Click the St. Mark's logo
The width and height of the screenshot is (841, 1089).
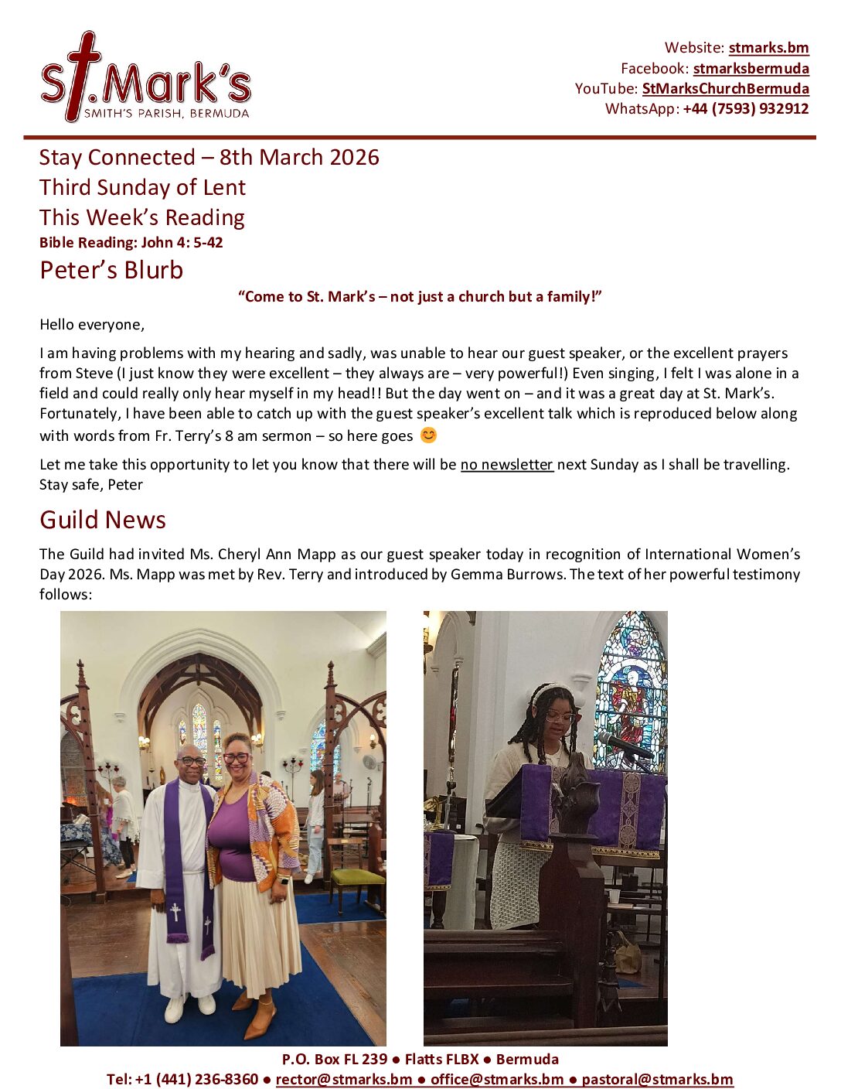[x=145, y=78]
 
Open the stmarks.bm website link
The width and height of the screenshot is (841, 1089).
[x=768, y=48]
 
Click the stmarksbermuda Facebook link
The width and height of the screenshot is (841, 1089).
[x=751, y=69]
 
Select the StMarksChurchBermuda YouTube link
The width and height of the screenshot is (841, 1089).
[x=725, y=89]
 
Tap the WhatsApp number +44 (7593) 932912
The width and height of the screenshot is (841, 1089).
[x=745, y=109]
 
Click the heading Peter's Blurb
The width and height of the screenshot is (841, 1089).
[x=111, y=271]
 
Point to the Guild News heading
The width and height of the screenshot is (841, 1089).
[x=103, y=520]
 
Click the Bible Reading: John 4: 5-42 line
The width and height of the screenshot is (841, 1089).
[x=131, y=243]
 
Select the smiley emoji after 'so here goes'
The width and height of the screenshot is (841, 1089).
[x=428, y=435]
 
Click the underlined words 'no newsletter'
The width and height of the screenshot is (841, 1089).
[x=507, y=465]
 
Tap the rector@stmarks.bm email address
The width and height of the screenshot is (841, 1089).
[x=344, y=1080]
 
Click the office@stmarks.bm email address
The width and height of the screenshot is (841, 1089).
[x=497, y=1080]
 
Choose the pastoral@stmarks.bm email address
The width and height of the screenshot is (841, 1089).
[x=657, y=1080]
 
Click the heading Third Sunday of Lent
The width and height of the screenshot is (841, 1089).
[x=142, y=188]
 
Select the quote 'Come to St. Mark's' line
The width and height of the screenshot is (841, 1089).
[x=420, y=297]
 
